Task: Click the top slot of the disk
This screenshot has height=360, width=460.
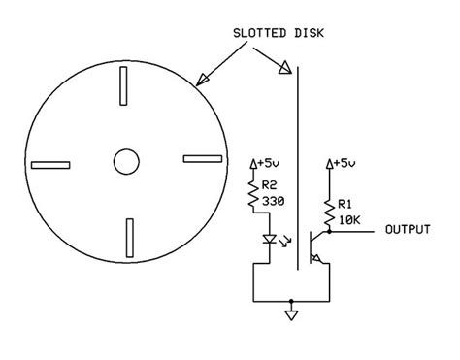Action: pyautogui.click(x=123, y=85)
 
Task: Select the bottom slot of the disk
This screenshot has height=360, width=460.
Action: pyautogui.click(x=130, y=238)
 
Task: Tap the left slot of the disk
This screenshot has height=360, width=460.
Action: pyautogui.click(x=50, y=165)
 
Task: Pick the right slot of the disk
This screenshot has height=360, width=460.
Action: pyautogui.click(x=203, y=159)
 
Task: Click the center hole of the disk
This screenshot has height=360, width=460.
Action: pyautogui.click(x=126, y=162)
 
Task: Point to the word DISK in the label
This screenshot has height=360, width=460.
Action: pyautogui.click(x=309, y=33)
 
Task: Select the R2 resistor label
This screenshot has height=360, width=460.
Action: pyautogui.click(x=270, y=185)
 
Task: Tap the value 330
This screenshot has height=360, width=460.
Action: pyautogui.click(x=274, y=202)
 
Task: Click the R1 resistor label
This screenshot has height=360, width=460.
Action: pyautogui.click(x=345, y=204)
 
